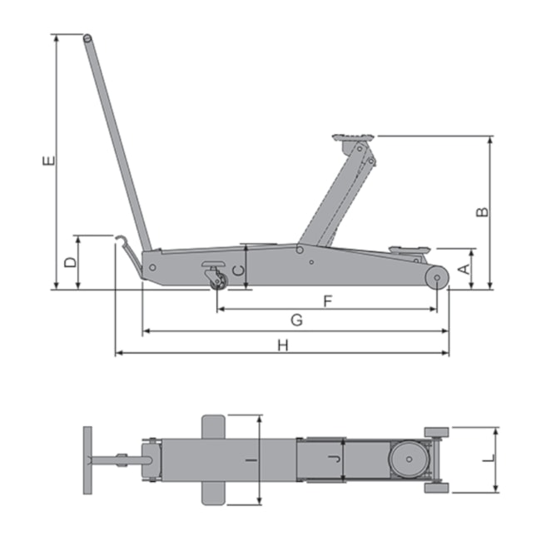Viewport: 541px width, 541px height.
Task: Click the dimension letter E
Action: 49,161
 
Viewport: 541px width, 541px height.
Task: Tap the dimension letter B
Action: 483,212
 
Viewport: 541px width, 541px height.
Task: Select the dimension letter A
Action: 465,269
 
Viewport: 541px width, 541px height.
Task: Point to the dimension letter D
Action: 71,262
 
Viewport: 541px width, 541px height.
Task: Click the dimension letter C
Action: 238,270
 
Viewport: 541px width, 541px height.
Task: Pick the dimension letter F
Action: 328,301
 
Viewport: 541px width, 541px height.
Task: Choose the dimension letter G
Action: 297,320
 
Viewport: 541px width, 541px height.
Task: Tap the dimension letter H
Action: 283,345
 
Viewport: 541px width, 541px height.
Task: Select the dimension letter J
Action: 335,459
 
